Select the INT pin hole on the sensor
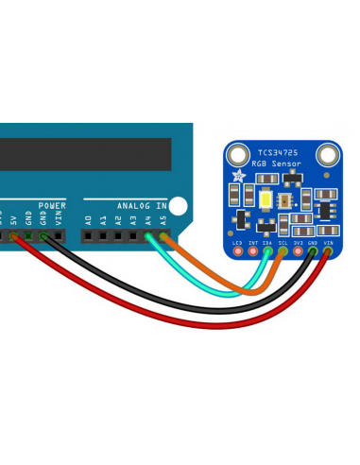click(252, 252)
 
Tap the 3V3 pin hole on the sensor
click(298, 252)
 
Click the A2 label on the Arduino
click(118, 219)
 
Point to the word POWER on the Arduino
click(52, 205)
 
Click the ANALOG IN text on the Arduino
click(142, 205)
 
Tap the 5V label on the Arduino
click(13, 219)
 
